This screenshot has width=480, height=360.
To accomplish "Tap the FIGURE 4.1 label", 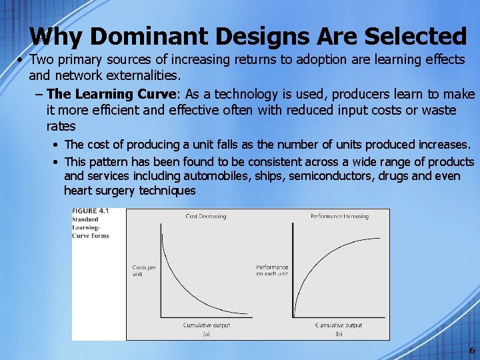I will [x=90, y=211].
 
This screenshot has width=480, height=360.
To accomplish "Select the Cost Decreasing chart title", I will [x=206, y=216].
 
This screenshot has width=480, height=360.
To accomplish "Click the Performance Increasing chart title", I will [x=339, y=216].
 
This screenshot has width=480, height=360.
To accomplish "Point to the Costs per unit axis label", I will [x=144, y=270].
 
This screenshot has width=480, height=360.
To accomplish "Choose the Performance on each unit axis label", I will [x=272, y=270].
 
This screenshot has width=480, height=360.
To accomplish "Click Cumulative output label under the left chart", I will [x=206, y=325].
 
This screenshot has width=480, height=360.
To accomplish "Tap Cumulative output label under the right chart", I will [x=339, y=325].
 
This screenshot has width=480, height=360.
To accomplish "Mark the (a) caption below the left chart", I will [x=206, y=334].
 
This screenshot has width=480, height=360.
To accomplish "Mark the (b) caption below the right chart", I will [x=339, y=334].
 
